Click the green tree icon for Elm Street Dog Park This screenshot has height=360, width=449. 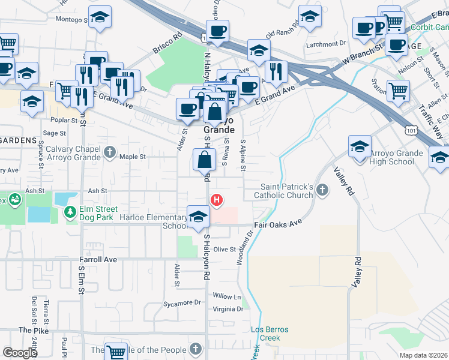click(x=70, y=212)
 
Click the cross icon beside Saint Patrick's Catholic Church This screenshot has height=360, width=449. click(x=322, y=191)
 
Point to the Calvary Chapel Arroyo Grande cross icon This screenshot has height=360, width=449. click(x=109, y=152)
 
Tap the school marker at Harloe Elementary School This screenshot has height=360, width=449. click(x=198, y=217)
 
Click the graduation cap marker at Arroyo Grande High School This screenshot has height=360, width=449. click(x=359, y=147)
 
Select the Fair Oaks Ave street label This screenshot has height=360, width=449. click(x=277, y=223)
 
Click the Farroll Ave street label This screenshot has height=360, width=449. click(x=97, y=260)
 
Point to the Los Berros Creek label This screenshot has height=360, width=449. click(x=270, y=334)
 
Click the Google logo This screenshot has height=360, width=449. click(x=20, y=353)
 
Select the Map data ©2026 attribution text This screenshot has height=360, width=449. click(x=423, y=355)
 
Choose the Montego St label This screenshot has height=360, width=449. click(x=72, y=20)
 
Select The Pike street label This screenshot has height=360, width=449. click(x=32, y=330)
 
